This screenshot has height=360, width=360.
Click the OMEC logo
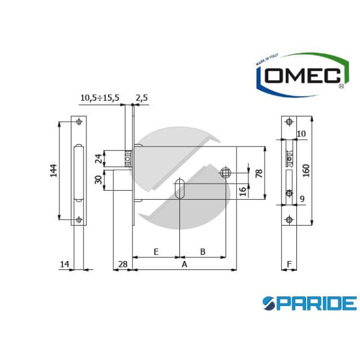click(x=302, y=75)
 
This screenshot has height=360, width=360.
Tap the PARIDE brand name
click(x=310, y=303)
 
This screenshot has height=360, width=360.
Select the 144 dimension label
click(x=53, y=170)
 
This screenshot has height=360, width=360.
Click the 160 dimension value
click(x=306, y=170)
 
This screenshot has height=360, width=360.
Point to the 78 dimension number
click(x=259, y=174)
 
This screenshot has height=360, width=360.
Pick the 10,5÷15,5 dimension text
click(x=100, y=98)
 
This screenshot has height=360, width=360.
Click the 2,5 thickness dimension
click(x=142, y=98)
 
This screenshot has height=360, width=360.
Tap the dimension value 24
click(x=98, y=158)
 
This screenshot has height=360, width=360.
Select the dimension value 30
click(x=98, y=180)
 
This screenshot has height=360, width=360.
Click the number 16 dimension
click(x=242, y=191)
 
